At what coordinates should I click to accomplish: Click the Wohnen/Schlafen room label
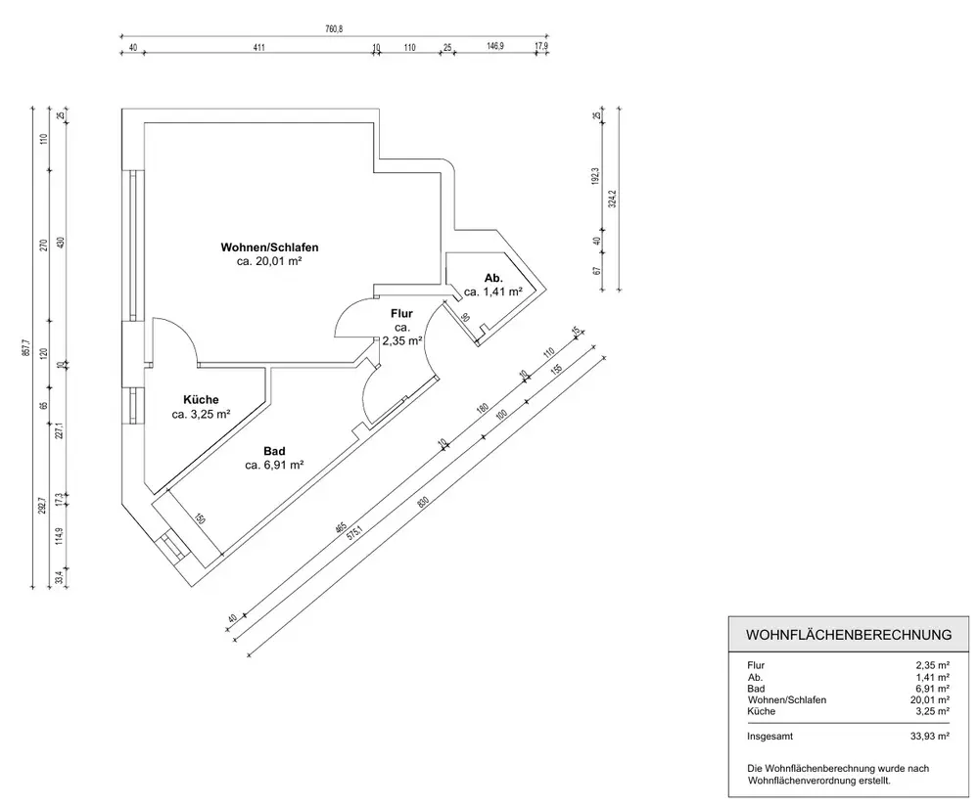(269, 247)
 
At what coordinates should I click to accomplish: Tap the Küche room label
(201, 399)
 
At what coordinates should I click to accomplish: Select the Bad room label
(274, 451)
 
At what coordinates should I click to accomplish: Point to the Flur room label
(402, 313)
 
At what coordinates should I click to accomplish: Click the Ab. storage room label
(493, 278)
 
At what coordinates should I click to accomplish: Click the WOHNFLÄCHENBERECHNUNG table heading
(849, 635)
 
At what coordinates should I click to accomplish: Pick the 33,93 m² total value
(929, 733)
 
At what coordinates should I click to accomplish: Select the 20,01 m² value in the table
(929, 699)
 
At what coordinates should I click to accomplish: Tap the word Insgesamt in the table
(771, 733)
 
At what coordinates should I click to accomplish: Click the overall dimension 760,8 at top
(334, 29)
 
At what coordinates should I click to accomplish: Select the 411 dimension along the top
(259, 46)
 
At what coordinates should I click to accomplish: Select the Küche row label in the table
(761, 711)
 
